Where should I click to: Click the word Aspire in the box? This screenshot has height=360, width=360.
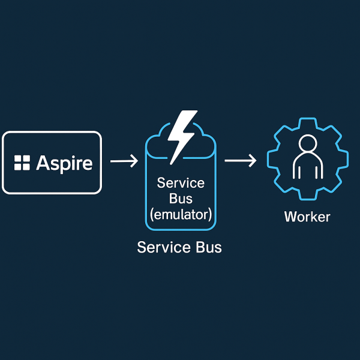click(65, 163)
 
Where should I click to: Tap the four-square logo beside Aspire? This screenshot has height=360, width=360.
click(22, 163)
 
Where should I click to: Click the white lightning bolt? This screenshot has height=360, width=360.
click(181, 136)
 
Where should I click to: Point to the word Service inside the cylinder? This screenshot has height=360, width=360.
click(181, 183)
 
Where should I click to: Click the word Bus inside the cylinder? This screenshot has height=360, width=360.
click(181, 198)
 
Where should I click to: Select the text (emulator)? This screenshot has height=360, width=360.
click(181, 214)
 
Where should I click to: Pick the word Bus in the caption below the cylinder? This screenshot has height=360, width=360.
click(207, 247)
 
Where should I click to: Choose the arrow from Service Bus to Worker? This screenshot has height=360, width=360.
click(240, 161)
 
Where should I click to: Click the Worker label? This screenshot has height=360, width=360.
click(307, 216)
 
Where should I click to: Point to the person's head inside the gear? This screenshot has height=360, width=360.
click(307, 144)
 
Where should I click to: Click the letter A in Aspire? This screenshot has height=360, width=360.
click(42, 163)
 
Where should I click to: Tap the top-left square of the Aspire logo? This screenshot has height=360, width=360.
click(19, 159)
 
